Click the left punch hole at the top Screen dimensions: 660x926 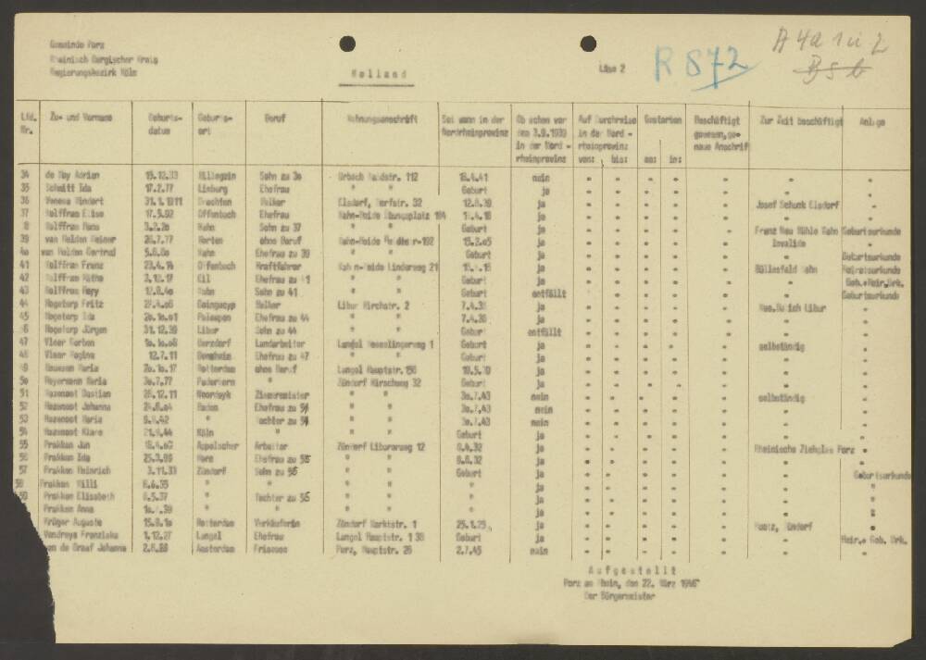coord(347,43)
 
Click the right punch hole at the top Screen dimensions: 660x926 coord(588,43)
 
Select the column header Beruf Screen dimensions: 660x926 coord(276,118)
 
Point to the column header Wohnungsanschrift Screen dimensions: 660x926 coord(377,118)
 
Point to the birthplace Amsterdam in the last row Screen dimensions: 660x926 coord(215,549)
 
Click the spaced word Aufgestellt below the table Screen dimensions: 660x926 coord(632,571)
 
